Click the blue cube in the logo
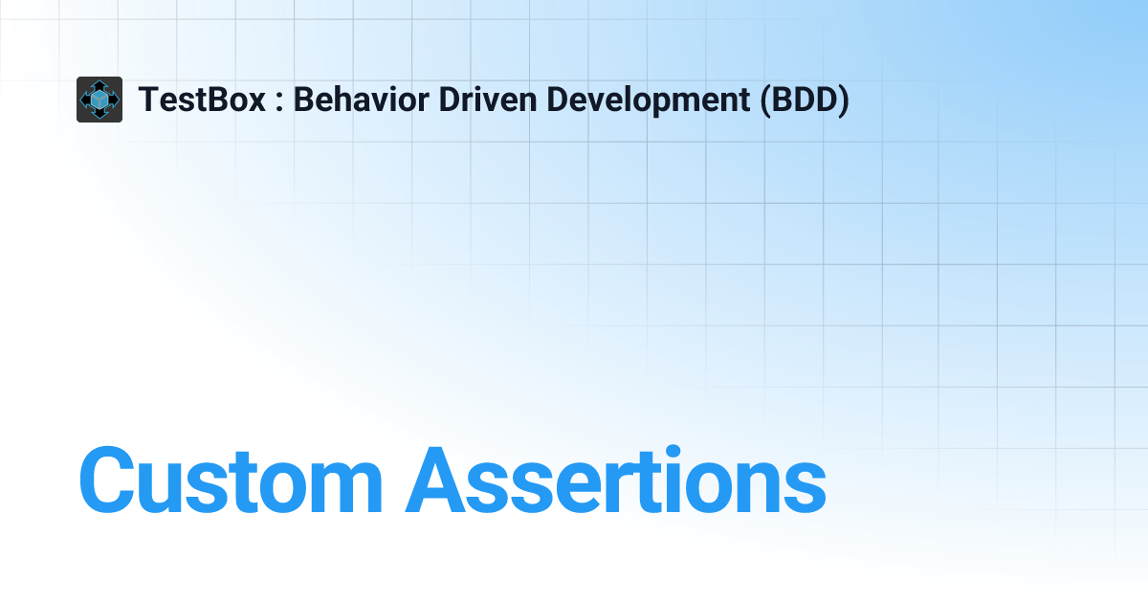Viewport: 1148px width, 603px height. click(99, 100)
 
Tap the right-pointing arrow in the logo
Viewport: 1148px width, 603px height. click(115, 100)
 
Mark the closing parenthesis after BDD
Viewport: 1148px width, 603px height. click(842, 100)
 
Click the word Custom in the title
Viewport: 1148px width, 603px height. click(230, 480)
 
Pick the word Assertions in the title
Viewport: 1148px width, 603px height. click(615, 480)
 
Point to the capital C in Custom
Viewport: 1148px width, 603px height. click(113, 480)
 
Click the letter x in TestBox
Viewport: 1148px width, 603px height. click(256, 102)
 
